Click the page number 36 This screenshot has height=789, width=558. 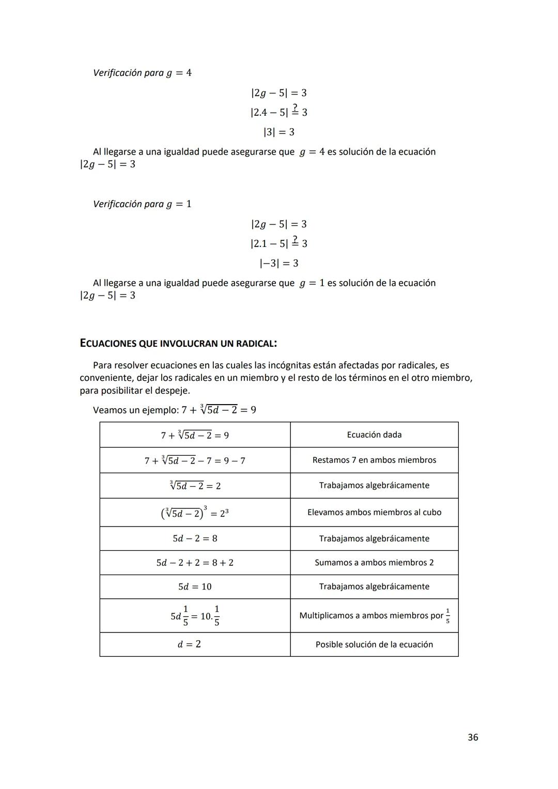click(472, 737)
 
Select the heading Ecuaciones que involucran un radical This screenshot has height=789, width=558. click(178, 343)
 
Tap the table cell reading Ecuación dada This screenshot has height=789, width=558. click(374, 435)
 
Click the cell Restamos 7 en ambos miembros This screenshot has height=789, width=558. click(374, 460)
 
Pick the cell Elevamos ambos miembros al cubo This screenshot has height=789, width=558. click(374, 512)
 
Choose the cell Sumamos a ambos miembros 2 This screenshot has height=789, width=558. click(374, 562)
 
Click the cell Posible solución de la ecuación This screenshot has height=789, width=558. click(374, 644)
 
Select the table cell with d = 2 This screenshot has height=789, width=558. click(189, 644)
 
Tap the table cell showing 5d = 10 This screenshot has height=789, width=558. click(195, 586)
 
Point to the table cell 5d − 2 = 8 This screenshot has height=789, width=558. click(195, 538)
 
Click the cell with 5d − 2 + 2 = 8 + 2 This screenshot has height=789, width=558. click(195, 562)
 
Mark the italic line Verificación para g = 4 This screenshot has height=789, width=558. click(142, 73)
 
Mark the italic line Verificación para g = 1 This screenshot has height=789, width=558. click(142, 204)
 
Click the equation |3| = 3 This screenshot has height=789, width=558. click(278, 132)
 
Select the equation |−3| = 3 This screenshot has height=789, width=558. click(278, 264)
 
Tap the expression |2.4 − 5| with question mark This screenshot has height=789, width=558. click(278, 112)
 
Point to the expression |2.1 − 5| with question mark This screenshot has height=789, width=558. click(278, 243)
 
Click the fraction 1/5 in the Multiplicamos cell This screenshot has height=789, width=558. click(447, 615)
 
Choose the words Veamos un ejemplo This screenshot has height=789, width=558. click(135, 410)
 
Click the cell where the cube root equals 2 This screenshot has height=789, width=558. click(195, 486)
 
